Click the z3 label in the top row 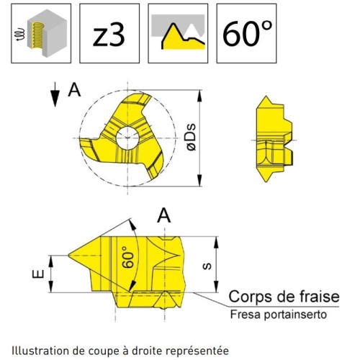pyautogui.click(x=109, y=36)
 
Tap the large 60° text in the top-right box pyautogui.click(x=248, y=33)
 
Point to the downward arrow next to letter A pyautogui.click(x=55, y=94)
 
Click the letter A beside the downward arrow pyautogui.click(x=74, y=91)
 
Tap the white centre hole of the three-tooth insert pyautogui.click(x=127, y=138)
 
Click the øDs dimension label pyautogui.click(x=192, y=138)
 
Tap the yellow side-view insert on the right pyautogui.click(x=274, y=139)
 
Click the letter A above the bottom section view pyautogui.click(x=164, y=216)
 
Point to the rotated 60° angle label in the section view pyautogui.click(x=127, y=257)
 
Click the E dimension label pyautogui.click(x=38, y=274)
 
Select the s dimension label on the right pyautogui.click(x=207, y=266)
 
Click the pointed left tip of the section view pyautogui.click(x=68, y=255)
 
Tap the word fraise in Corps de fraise pyautogui.click(x=317, y=297)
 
